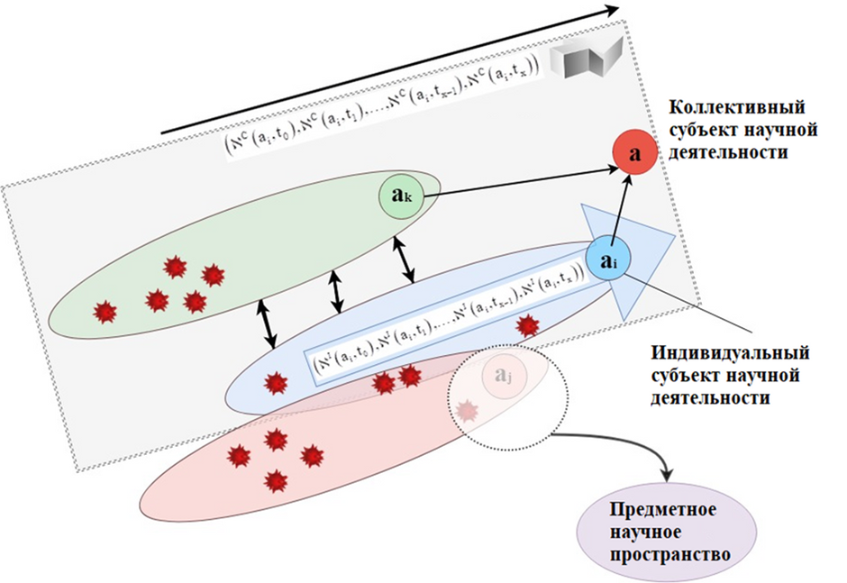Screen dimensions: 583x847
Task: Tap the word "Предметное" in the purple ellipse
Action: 664,510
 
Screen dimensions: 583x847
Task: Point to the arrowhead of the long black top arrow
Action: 612,11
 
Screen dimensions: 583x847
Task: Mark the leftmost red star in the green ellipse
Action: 105,312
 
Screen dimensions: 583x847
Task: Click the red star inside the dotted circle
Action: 466,412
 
